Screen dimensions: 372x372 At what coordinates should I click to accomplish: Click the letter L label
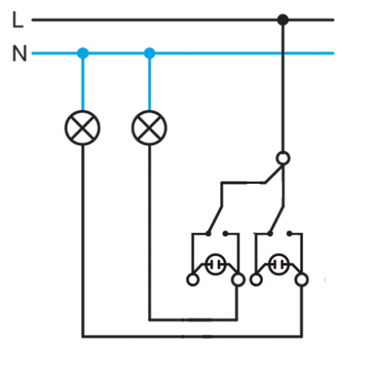point(18,20)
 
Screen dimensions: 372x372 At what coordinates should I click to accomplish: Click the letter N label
point(20,53)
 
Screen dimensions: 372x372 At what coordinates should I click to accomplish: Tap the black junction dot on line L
point(283,20)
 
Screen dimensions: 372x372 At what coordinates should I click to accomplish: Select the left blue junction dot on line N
point(82,53)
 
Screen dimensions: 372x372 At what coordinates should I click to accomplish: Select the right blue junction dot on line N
point(150,53)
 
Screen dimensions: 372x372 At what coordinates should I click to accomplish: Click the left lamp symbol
point(82,128)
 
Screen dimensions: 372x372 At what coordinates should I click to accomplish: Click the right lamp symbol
point(149,128)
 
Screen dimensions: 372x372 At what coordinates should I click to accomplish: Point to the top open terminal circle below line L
point(283,158)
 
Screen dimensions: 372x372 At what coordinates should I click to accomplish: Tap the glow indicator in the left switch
point(215,264)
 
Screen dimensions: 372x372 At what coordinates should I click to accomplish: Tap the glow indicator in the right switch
point(279,264)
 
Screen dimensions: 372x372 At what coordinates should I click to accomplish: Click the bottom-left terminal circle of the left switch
point(193,279)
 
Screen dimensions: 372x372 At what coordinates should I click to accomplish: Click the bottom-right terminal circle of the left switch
point(238,279)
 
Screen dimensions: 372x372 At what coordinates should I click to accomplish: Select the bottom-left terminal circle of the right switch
point(256,279)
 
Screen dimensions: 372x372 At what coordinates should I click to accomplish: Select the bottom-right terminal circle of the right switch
point(301,279)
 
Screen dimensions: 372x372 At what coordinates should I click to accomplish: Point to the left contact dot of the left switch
point(209,233)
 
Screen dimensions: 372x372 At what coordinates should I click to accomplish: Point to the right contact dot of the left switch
point(225,233)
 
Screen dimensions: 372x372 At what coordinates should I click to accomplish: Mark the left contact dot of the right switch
point(270,233)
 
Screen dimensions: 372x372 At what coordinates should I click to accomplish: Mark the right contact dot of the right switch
point(290,233)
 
